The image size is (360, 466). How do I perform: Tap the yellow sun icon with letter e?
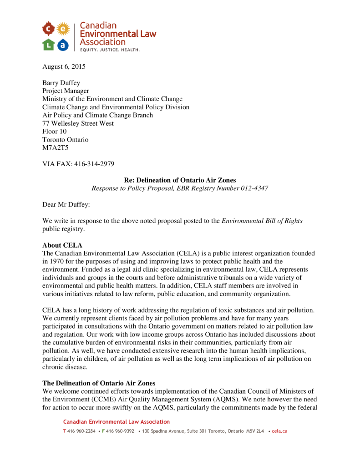(x=63, y=30)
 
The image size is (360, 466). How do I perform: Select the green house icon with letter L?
(x=49, y=44)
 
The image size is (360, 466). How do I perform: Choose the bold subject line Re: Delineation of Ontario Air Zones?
(x=180, y=180)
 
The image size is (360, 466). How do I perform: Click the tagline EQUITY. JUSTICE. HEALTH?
(x=110, y=50)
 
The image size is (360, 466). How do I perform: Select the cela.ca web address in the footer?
(x=279, y=431)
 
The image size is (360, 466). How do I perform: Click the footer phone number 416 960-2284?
(x=81, y=431)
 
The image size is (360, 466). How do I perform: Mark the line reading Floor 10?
(x=54, y=132)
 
